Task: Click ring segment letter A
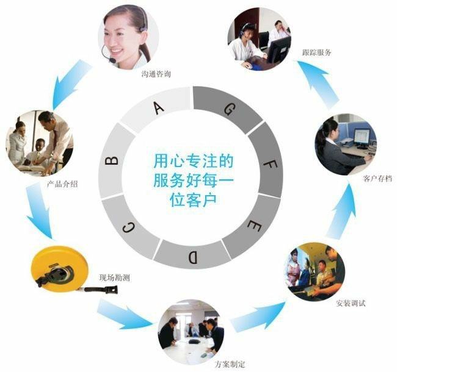(159, 109)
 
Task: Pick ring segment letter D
(192, 257)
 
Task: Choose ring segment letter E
(253, 226)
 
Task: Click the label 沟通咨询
(156, 74)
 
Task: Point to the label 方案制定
(230, 365)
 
